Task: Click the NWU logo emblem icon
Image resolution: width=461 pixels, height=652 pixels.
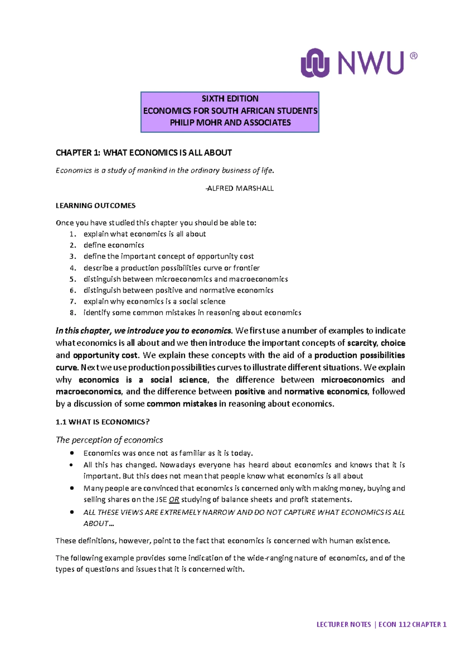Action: [315, 63]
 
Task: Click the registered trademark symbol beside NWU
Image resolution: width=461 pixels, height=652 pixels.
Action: [413, 56]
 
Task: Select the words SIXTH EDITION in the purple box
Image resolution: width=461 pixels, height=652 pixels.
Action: [230, 98]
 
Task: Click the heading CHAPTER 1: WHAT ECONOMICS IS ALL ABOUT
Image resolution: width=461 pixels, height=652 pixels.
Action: [144, 153]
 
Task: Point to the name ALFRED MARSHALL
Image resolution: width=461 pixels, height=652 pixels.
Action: [240, 188]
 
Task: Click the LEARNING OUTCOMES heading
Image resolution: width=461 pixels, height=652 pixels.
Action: [96, 205]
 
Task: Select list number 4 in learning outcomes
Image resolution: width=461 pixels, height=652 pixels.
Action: [73, 268]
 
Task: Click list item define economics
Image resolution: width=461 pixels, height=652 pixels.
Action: [114, 245]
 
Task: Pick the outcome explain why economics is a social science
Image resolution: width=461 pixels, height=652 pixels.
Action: [154, 301]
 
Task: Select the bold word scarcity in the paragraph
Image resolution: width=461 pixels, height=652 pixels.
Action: [362, 343]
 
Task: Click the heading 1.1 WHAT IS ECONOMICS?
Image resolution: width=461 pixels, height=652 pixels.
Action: [103, 422]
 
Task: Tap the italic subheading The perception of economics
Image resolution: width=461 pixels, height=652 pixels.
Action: [109, 440]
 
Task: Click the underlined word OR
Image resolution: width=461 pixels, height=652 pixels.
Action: [174, 499]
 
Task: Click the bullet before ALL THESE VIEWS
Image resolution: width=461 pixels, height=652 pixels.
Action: [72, 512]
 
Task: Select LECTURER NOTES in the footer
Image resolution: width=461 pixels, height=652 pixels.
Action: [343, 624]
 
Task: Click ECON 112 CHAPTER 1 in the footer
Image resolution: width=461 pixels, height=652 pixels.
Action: [412, 624]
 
